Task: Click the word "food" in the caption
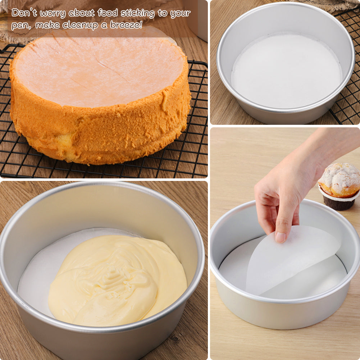[108, 13]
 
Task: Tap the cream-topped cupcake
[340, 180]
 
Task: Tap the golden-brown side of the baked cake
[101, 133]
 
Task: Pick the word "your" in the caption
[180, 14]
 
